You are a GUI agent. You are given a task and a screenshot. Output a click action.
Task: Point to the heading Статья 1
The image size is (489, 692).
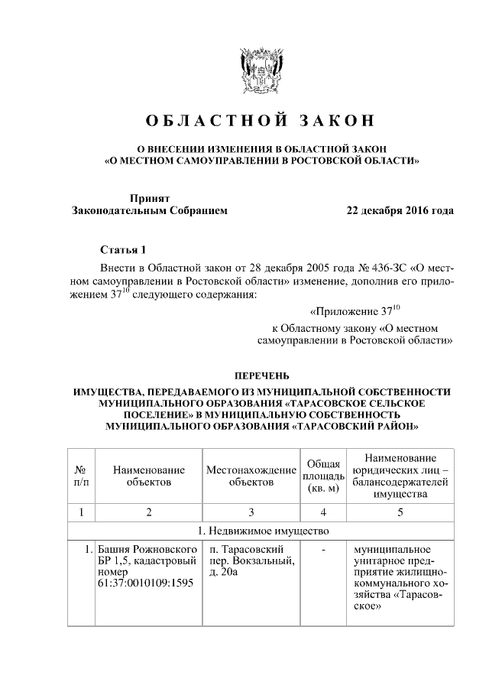pyautogui.click(x=121, y=250)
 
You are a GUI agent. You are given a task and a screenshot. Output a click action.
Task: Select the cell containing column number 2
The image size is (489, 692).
pyautogui.click(x=149, y=512)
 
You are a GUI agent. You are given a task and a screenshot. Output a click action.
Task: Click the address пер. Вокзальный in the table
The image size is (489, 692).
pyautogui.click(x=246, y=561)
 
